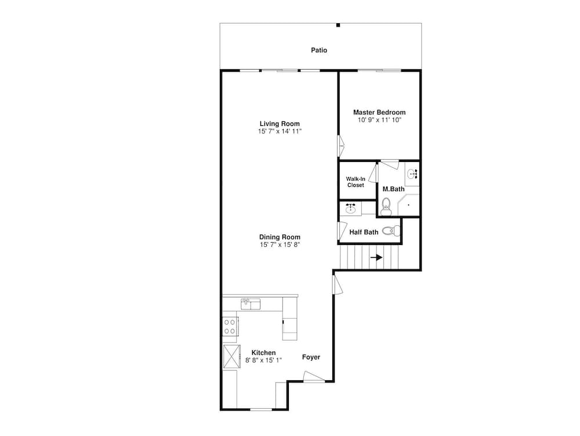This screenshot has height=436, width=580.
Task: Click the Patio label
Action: (x=319, y=51)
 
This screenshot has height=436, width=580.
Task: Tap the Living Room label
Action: (x=280, y=124)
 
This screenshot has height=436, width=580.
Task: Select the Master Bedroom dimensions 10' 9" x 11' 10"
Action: (x=379, y=120)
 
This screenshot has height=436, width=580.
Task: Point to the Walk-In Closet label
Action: (x=356, y=182)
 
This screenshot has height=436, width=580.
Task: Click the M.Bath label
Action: (x=393, y=189)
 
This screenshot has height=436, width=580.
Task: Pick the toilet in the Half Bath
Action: (x=392, y=230)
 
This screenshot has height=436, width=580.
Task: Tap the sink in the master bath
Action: (x=413, y=174)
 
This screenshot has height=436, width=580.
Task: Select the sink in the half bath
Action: (x=350, y=208)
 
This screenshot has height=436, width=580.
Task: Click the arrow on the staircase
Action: (x=376, y=257)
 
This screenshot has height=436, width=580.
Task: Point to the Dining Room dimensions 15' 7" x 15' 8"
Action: (x=280, y=245)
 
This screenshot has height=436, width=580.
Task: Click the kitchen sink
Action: (x=251, y=304)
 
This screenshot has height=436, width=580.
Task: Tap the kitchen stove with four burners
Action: (x=230, y=326)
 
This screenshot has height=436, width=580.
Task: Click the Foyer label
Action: (x=311, y=357)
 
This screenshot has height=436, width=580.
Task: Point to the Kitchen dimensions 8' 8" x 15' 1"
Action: (x=263, y=361)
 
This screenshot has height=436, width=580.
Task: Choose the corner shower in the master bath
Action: (x=408, y=205)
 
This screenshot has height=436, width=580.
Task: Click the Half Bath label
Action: (x=364, y=232)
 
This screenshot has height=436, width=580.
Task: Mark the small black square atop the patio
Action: (x=338, y=25)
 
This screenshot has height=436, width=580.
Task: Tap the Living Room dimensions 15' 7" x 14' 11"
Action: (x=280, y=132)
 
